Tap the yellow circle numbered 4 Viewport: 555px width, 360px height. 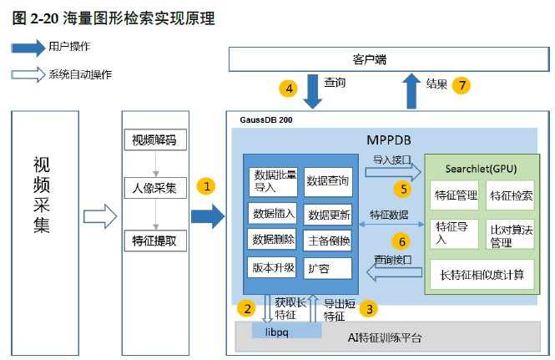(288, 87)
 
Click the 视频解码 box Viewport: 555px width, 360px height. (154, 139)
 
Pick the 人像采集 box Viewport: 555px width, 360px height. (154, 188)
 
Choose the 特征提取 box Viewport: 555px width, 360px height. (154, 241)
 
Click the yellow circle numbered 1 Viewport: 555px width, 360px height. (205, 186)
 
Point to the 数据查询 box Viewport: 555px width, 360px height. (327, 180)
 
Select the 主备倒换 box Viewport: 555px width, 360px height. (327, 241)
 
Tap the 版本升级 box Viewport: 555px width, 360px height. (273, 268)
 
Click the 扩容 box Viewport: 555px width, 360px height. (327, 268)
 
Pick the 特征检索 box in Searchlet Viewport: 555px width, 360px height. (511, 196)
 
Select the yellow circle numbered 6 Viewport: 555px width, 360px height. (401, 241)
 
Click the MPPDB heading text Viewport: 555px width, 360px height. (389, 138)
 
